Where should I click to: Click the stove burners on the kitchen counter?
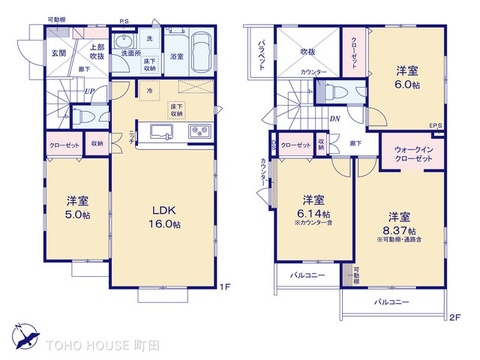pos(196,133)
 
